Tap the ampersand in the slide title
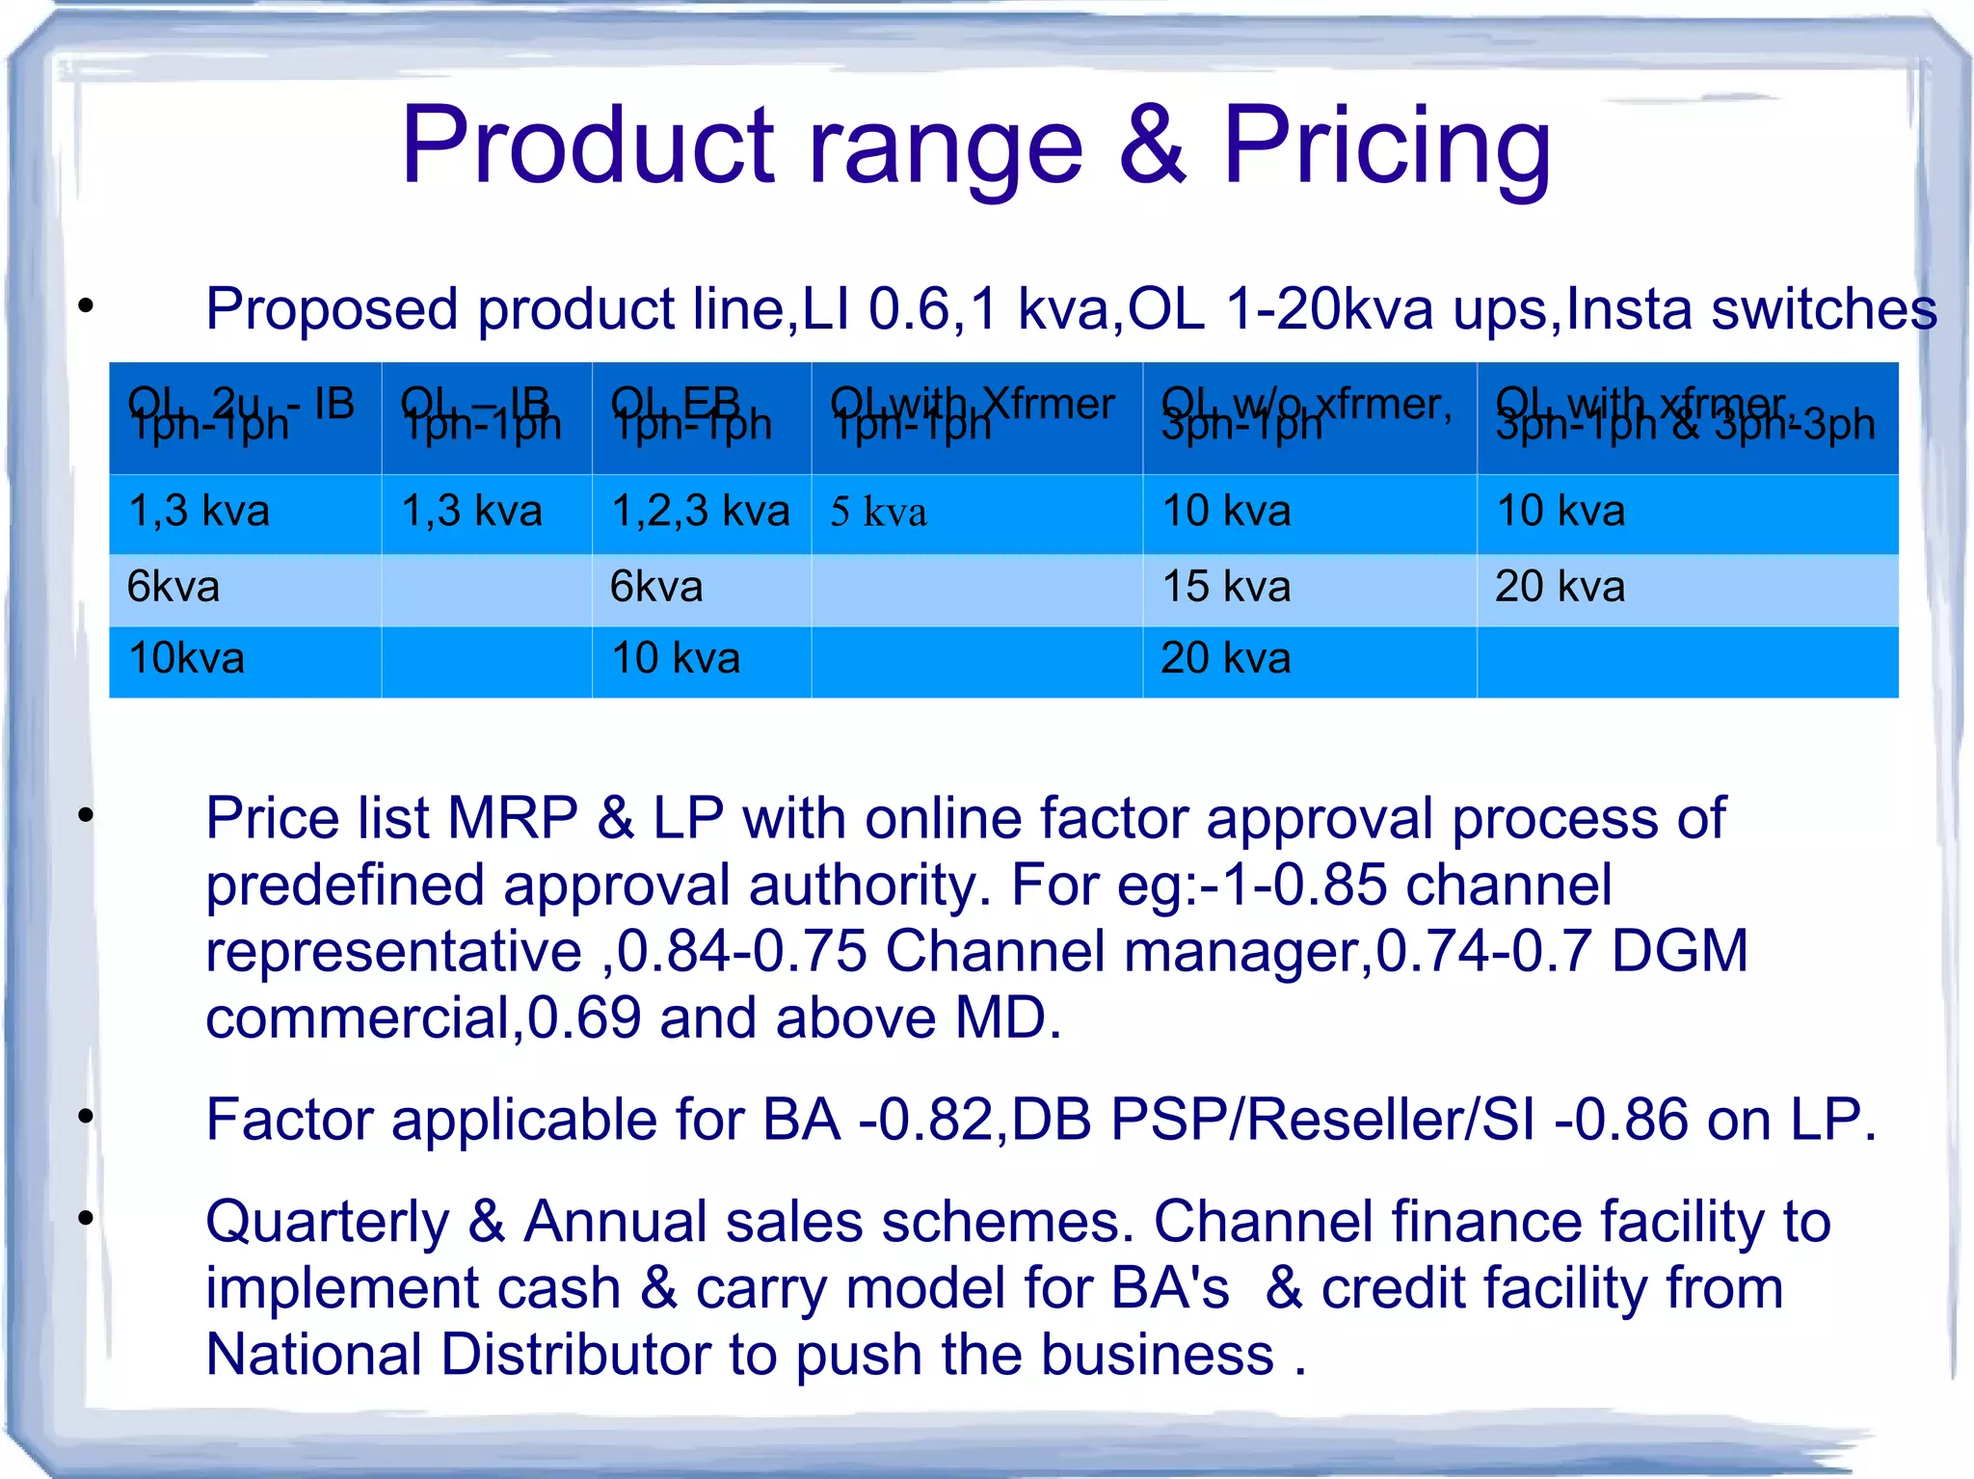(1153, 146)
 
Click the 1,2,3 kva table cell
(701, 511)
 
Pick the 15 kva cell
(1226, 587)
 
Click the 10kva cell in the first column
(186, 659)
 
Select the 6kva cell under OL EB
(656, 587)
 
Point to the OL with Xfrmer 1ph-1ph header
(974, 414)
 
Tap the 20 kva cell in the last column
(1560, 587)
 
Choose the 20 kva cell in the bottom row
(1225, 659)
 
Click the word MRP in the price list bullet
(512, 819)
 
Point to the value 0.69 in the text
(584, 1018)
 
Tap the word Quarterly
(328, 1223)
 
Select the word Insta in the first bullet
(1628, 310)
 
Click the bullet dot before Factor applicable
(87, 1118)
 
